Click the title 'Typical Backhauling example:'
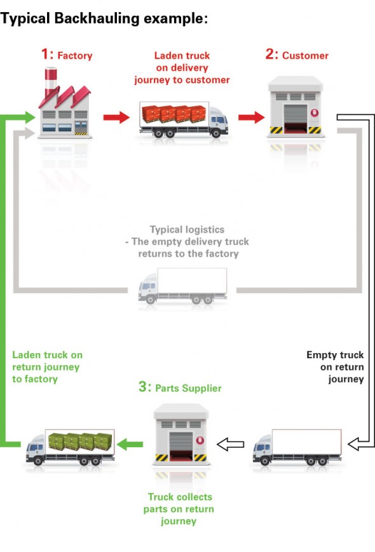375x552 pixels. point(104,19)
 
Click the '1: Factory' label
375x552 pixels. point(67,55)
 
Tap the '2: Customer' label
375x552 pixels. point(297,55)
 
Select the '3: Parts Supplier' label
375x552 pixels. point(180,386)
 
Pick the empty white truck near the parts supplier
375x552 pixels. point(297,447)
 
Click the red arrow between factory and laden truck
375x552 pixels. point(115,118)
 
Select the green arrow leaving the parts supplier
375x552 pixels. point(132,444)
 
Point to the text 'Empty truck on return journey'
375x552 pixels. point(337,367)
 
